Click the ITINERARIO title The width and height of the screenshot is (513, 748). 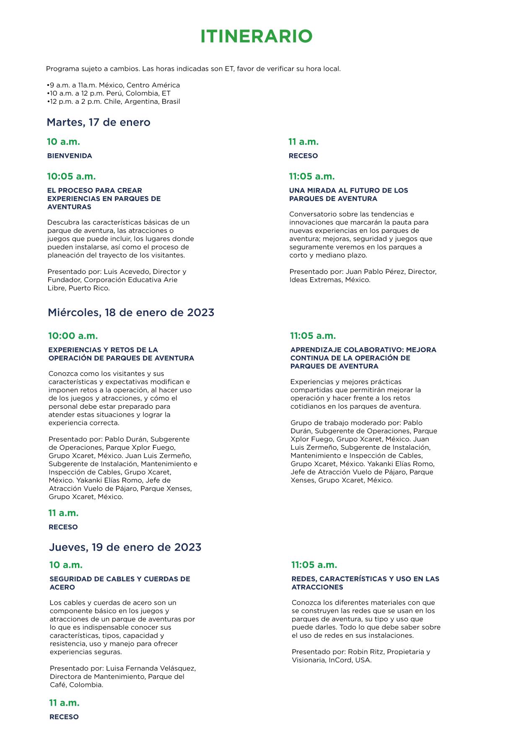pos(256,36)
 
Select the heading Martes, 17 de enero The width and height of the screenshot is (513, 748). pos(98,122)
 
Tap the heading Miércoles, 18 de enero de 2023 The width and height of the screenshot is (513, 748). pos(131,312)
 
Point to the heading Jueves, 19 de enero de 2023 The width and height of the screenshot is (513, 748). pos(125,547)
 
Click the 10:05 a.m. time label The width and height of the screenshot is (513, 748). pos(71,176)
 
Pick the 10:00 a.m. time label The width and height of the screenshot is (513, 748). pos(73,336)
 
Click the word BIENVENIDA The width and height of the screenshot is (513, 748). pos(70,156)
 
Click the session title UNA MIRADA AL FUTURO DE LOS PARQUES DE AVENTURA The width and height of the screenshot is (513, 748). pos(348,194)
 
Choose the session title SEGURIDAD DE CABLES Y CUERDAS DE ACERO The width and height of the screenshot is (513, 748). pos(119,583)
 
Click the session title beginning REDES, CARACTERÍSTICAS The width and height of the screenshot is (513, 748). pos(365,583)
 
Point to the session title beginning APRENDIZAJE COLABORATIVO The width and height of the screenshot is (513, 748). pos(363,358)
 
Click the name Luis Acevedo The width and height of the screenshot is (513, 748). pos(127,271)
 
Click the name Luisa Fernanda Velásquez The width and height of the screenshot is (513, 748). pos(151,668)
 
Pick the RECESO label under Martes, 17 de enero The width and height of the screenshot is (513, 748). pos(303,156)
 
